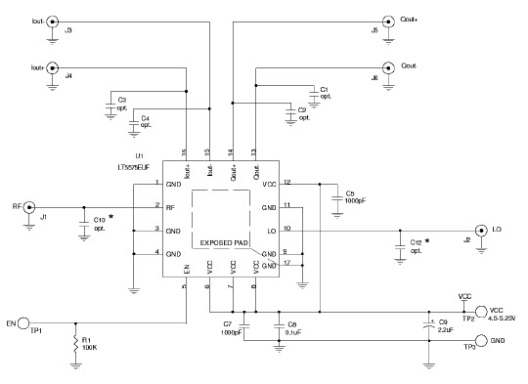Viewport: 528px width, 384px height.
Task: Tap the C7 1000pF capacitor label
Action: (x=232, y=327)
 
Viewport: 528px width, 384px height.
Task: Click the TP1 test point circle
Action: (x=28, y=321)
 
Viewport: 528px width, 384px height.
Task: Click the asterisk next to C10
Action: (x=110, y=216)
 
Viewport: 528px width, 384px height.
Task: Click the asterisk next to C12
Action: (x=427, y=239)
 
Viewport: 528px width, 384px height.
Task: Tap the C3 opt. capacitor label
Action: (x=121, y=104)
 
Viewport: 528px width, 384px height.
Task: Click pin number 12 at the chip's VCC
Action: (x=287, y=182)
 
